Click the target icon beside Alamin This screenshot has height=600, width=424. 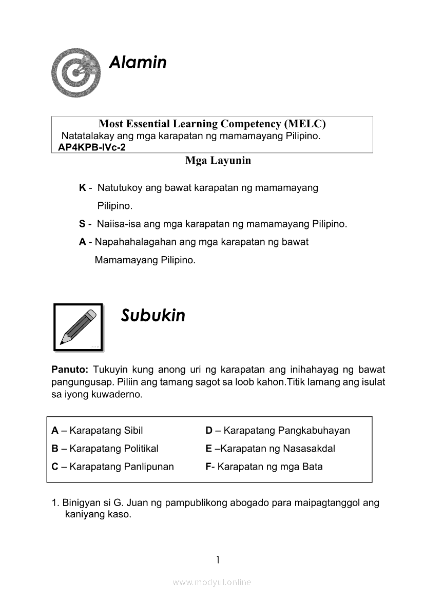[76, 72]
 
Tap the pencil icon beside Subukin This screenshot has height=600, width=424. [79, 327]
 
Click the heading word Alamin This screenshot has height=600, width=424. [138, 63]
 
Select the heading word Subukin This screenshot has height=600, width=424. [153, 316]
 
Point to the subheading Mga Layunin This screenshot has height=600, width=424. [218, 161]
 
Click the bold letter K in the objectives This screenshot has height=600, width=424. [83, 188]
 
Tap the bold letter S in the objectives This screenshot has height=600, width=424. [82, 224]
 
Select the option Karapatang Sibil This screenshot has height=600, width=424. [106, 431]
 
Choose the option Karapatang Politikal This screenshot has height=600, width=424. [113, 449]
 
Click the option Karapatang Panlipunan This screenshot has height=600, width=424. [121, 467]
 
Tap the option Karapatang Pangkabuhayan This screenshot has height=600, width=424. [286, 431]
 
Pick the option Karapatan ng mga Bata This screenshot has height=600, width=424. [270, 467]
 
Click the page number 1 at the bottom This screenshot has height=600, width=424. [218, 559]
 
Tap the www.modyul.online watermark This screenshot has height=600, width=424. [212, 583]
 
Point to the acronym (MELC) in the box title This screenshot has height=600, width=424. [304, 124]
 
